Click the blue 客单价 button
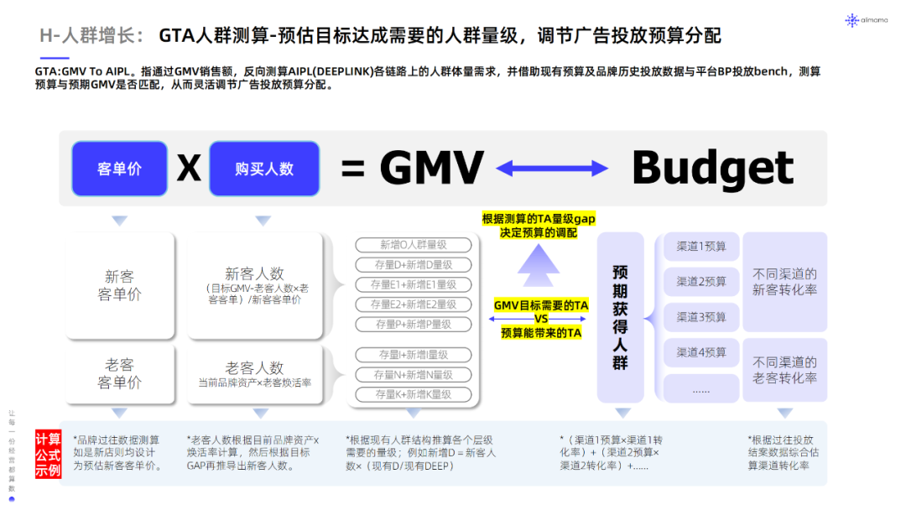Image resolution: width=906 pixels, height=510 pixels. point(119,169)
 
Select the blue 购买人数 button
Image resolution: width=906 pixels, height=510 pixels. point(264,169)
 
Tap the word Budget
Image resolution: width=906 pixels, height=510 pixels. point(711,168)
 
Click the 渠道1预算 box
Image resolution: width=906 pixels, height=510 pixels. point(701,247)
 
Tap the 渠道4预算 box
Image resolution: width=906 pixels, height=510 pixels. point(701,352)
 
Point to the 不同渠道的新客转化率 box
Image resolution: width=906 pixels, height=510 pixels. point(784,282)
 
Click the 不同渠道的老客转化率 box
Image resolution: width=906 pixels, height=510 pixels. point(784,371)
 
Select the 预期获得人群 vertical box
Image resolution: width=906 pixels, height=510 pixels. point(620,317)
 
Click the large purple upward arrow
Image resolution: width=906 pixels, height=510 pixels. point(538,262)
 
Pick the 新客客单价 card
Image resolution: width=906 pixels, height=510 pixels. point(119,285)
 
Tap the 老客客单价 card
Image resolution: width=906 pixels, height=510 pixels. point(119,374)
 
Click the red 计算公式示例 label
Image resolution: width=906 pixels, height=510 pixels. point(48,454)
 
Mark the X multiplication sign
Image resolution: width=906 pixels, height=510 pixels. point(189,169)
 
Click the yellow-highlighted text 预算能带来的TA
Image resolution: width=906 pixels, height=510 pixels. point(541,333)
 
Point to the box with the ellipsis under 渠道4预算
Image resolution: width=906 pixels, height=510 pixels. point(701,388)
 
